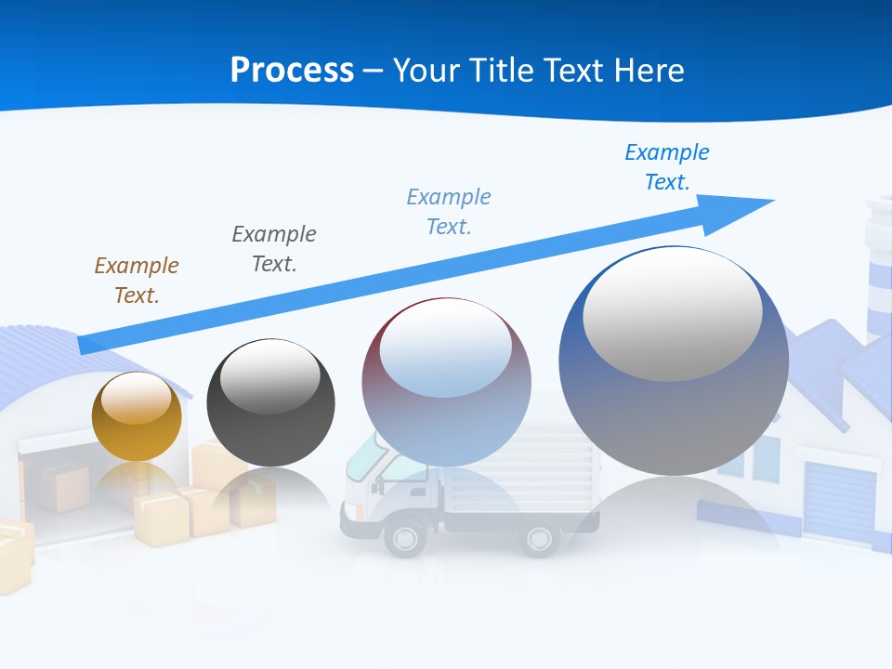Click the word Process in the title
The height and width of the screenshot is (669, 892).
(292, 70)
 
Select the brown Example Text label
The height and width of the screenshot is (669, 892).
(137, 280)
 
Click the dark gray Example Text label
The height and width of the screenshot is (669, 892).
(274, 248)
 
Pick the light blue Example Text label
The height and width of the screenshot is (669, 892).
(449, 211)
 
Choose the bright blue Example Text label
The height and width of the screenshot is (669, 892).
(667, 166)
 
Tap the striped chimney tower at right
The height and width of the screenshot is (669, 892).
(878, 269)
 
